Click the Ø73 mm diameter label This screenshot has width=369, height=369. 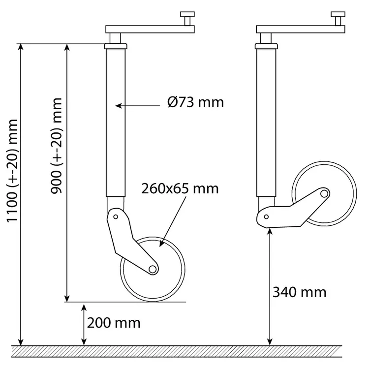tap(195, 103)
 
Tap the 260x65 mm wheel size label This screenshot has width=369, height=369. tap(180, 189)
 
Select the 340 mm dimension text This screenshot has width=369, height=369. tap(299, 293)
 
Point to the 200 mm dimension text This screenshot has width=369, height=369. tap(114, 323)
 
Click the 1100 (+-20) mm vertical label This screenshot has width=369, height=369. tap(12, 171)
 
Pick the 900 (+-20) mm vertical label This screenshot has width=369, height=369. tap(57, 146)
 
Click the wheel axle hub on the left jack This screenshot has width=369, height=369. tap(153, 269)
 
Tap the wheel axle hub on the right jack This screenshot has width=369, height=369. tap(324, 194)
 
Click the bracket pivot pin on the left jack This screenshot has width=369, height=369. tap(116, 216)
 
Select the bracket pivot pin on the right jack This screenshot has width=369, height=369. tap(266, 217)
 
